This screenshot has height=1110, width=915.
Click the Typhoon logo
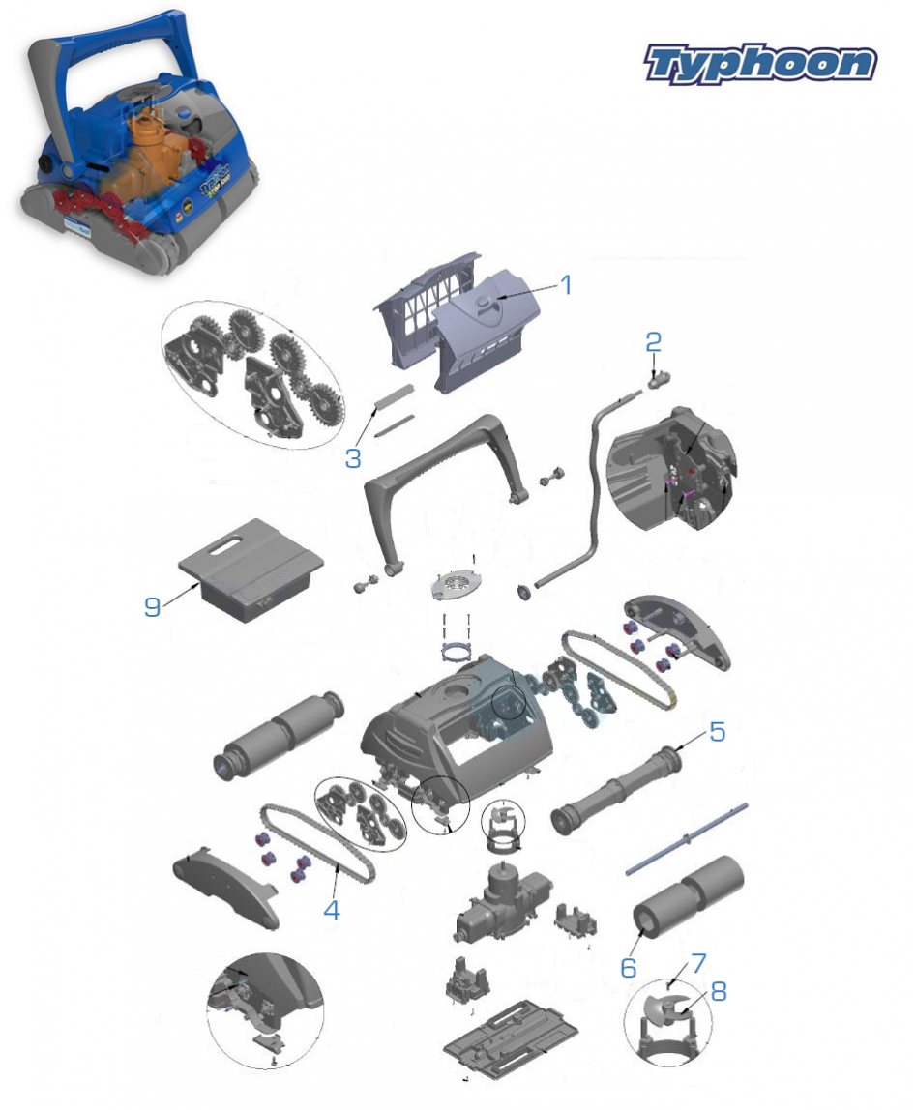(760, 64)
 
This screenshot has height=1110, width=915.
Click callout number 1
(565, 284)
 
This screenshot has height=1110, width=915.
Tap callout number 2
(653, 342)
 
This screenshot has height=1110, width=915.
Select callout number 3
(353, 458)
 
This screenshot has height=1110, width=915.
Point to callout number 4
(332, 910)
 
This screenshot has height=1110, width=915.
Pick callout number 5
(718, 731)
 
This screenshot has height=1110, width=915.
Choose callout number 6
(628, 968)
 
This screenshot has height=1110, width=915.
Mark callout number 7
(699, 963)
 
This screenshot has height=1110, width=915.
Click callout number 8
(719, 991)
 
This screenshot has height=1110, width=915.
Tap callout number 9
(152, 606)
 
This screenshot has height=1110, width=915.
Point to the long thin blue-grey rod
(687, 839)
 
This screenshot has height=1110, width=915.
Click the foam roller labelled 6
(688, 896)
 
